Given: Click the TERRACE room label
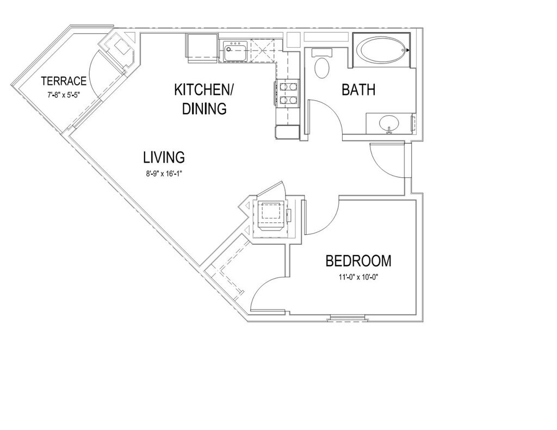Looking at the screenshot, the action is click(64, 82).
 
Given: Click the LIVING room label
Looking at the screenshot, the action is click(164, 158).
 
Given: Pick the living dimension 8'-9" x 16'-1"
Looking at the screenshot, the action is click(164, 173).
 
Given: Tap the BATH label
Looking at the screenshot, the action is click(358, 90).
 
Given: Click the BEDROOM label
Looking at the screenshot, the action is click(358, 261).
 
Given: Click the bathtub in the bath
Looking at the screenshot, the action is click(381, 50).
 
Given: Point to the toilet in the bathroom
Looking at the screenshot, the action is click(323, 65).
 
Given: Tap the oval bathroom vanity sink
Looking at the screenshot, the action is click(389, 123).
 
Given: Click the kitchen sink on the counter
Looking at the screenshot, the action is click(234, 52).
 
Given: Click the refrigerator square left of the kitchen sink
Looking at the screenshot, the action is click(203, 47).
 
